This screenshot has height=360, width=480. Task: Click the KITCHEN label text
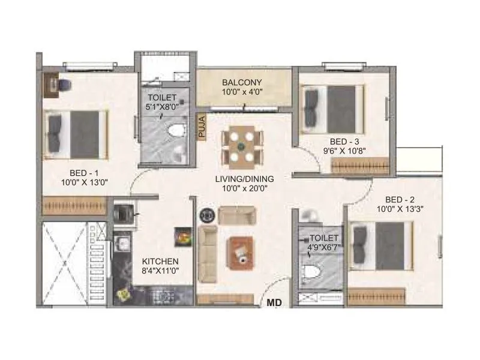(x=160, y=261)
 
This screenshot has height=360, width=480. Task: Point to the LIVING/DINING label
(x=245, y=179)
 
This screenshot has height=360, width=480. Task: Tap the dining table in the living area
(x=242, y=145)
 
